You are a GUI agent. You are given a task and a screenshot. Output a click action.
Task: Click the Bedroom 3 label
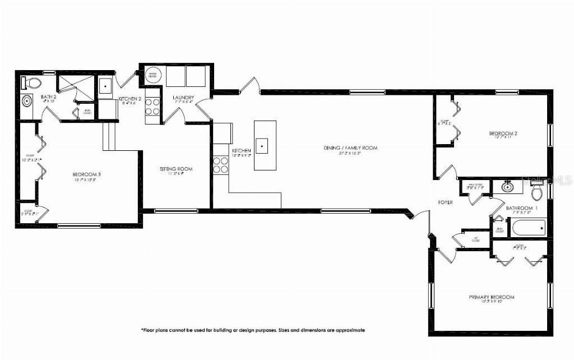tap(86, 174)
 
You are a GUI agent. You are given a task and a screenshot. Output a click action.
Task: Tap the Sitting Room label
tap(176, 169)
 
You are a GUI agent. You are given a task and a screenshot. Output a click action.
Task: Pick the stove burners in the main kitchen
tap(220, 165)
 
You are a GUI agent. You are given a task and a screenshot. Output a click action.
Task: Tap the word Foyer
tap(446, 202)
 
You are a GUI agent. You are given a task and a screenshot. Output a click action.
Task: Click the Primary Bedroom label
tap(491, 297)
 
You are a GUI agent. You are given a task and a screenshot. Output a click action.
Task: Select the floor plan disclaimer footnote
tap(253, 330)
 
